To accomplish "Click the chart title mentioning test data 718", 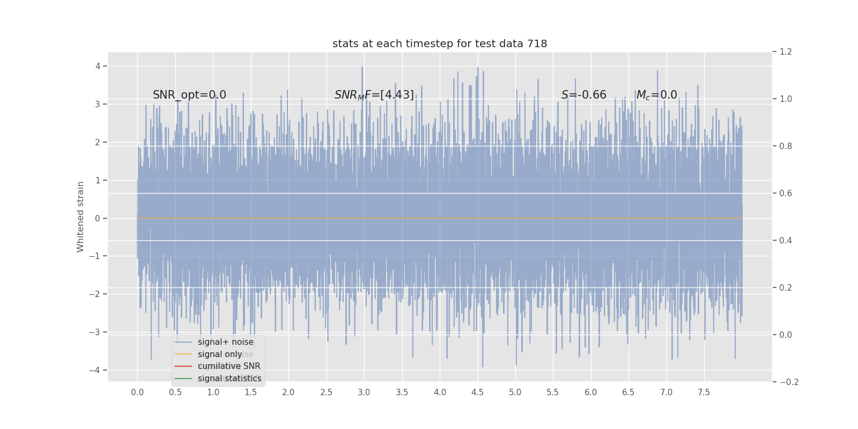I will (440, 44).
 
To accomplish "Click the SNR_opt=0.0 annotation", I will (189, 95).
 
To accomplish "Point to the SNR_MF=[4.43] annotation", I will (374, 95).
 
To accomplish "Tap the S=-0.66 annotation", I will (583, 95).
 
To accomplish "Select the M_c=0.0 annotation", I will (656, 95).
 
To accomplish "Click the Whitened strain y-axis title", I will (80, 217).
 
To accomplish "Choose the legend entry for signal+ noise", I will (225, 342).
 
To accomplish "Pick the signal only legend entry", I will (220, 354).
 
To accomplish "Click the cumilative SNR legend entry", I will (229, 366).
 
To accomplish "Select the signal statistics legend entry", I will (230, 379).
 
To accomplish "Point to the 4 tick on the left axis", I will (98, 66).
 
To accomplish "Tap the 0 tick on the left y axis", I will (98, 218).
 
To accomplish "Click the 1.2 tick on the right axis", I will (786, 52).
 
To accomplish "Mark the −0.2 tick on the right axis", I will (789, 382).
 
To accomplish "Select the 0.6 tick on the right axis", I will (786, 193).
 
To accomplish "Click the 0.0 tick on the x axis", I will (137, 393).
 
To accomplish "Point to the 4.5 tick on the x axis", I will (477, 393).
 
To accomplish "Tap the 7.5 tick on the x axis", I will (704, 393).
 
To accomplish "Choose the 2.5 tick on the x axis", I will (326, 393).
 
